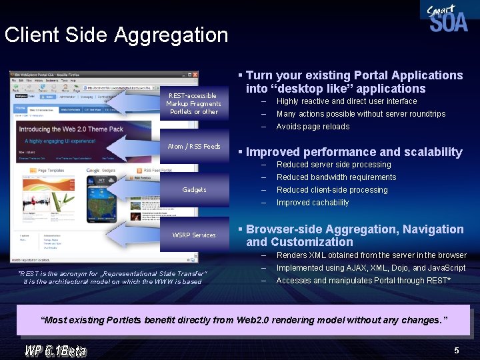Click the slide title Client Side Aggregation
coord(116,35)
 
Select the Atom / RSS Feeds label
coord(194,146)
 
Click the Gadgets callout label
coord(194,190)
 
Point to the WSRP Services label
coord(194,235)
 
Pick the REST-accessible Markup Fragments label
coord(193,103)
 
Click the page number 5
coord(456,350)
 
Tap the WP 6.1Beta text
coord(55,349)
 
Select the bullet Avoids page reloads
coord(313,127)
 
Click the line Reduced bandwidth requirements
coord(336,177)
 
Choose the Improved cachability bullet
coord(313,203)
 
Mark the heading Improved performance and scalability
coord(354,152)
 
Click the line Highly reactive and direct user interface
coord(346,101)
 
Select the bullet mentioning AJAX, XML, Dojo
coord(371,268)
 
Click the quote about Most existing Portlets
coord(244,320)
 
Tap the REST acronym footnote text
coord(112,277)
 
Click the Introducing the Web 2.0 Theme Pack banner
coord(71,129)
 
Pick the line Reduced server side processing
coord(333,165)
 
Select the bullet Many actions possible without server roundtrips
coord(361,114)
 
